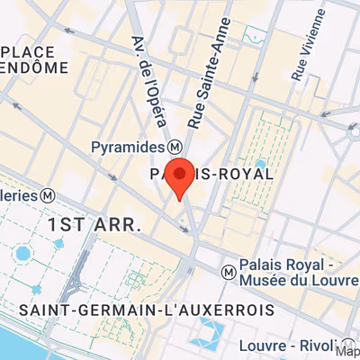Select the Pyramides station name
point(126,146)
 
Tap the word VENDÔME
point(34,67)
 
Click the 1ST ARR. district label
point(94,224)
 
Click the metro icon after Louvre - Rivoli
point(341,346)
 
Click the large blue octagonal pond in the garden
point(22,254)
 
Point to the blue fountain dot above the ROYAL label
point(260,164)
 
